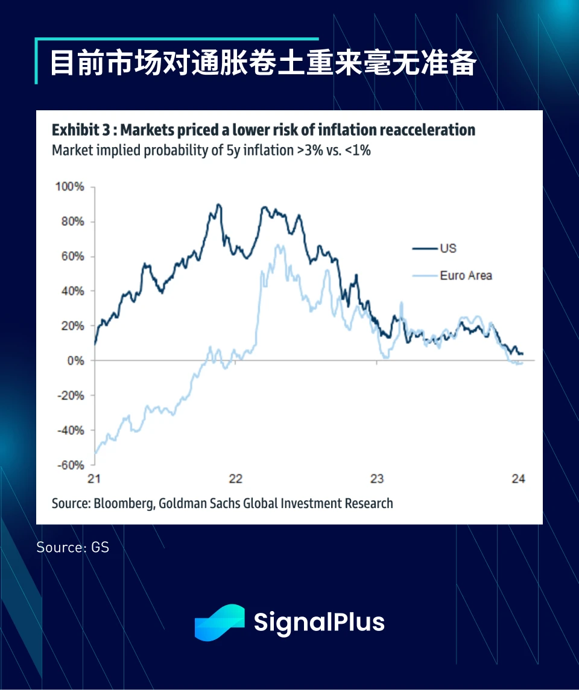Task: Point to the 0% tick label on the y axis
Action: pos(75,360)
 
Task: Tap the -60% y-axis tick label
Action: pos(70,465)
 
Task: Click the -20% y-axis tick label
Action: pos(70,395)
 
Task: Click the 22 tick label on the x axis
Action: pos(235,479)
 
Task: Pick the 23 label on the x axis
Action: pos(376,479)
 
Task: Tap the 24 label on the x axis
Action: pos(518,479)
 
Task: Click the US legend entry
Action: pos(448,248)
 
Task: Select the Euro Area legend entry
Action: pos(466,275)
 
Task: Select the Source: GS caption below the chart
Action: pos(72,547)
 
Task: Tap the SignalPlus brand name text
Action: pos(319,622)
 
